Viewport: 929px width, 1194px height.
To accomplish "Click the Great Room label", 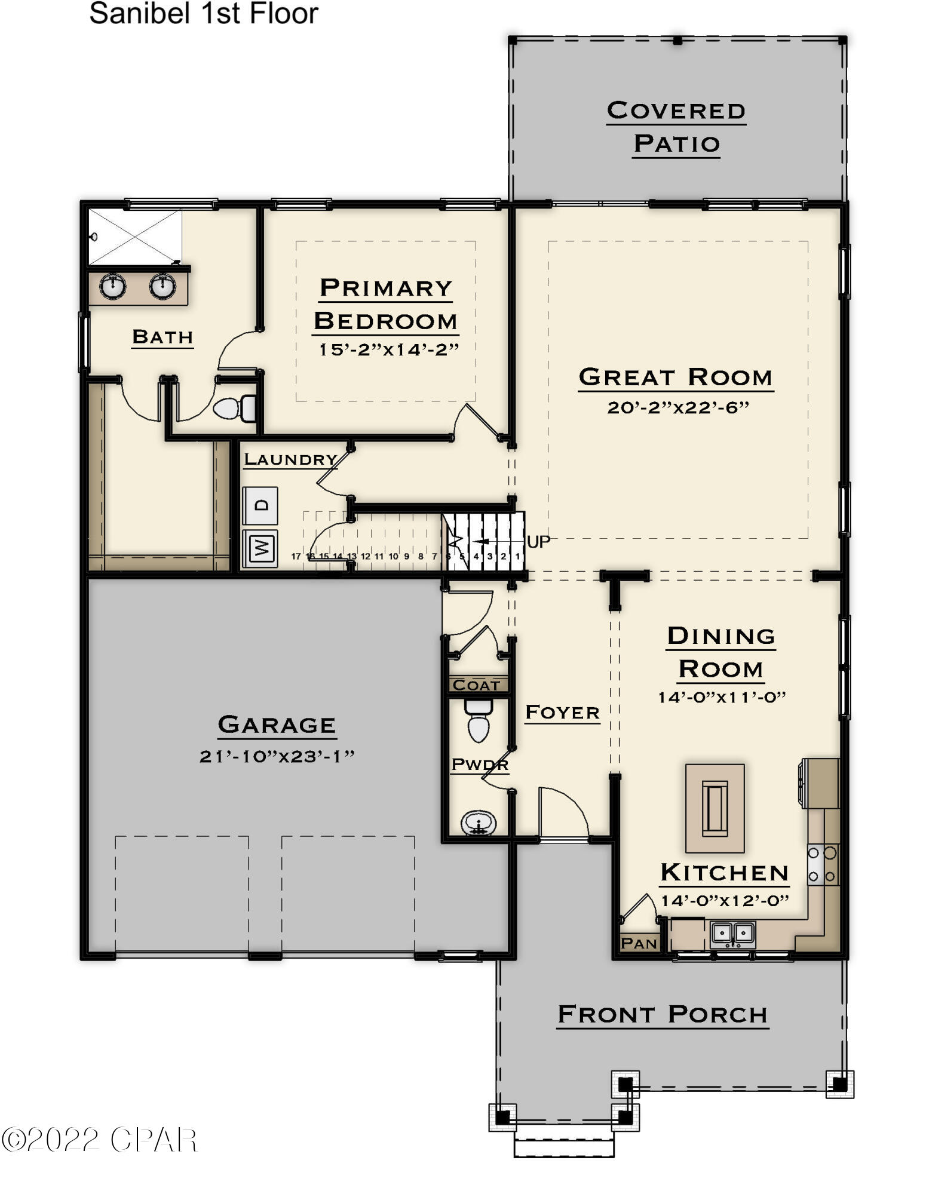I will click(676, 377).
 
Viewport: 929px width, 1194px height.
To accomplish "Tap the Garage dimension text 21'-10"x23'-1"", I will click(277, 756).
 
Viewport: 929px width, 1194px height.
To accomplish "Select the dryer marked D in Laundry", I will click(260, 505).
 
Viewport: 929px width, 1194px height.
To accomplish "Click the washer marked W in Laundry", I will click(260, 547).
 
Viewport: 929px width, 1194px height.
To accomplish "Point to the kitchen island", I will click(715, 808).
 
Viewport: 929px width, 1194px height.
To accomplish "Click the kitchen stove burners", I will click(823, 865).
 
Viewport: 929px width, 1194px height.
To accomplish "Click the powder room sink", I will click(479, 824).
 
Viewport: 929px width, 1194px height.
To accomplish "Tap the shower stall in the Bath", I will click(135, 237).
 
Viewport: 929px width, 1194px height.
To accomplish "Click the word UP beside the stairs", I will click(538, 542).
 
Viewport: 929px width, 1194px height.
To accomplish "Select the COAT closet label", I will click(476, 685).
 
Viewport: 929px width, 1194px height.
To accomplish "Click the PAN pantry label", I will click(639, 943).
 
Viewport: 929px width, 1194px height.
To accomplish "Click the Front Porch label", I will click(662, 1014).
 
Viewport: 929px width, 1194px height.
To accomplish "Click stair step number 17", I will click(296, 556).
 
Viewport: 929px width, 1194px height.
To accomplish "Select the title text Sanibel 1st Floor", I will click(204, 14).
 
